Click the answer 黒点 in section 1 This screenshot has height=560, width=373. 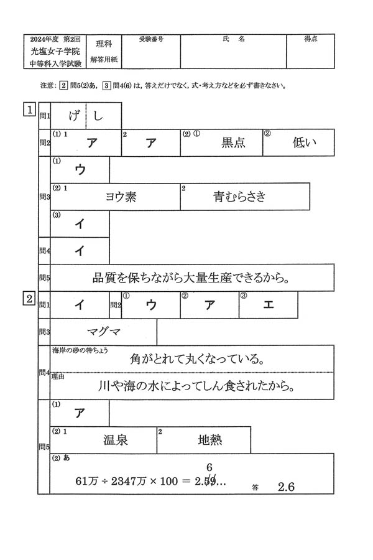233,143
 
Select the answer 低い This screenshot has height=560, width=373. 305,143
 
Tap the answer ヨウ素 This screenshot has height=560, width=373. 121,197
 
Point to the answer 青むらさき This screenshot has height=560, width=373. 239,197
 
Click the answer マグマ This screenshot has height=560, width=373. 105,332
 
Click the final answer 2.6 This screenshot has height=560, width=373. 286,487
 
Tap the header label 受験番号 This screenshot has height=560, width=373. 151,39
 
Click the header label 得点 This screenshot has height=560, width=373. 311,39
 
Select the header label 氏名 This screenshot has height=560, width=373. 233,39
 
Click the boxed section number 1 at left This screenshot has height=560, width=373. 29,110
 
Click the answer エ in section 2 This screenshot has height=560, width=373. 268,305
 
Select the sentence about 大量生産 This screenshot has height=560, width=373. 191,278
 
